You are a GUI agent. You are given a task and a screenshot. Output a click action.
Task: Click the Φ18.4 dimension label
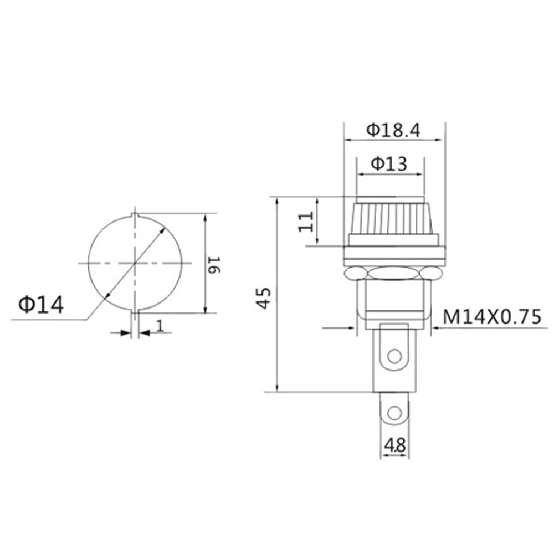pyautogui.click(x=393, y=130)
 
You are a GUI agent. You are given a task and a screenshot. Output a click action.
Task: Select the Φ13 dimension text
pyautogui.click(x=389, y=165)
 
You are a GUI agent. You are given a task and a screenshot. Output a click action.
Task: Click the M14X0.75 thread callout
pyautogui.click(x=491, y=317)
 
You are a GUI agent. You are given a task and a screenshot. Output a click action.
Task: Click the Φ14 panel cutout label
pyautogui.click(x=41, y=304)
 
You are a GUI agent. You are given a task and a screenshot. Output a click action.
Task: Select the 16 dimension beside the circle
pyautogui.click(x=215, y=264)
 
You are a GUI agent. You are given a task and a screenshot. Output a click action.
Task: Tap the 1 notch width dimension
pyautogui.click(x=160, y=326)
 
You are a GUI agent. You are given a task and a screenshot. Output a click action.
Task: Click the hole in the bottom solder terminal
pyautogui.click(x=394, y=413)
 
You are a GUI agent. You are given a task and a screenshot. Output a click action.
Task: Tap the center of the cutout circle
pyautogui.click(x=135, y=263)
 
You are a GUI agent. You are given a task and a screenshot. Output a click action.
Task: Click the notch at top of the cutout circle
pyautogui.click(x=135, y=214)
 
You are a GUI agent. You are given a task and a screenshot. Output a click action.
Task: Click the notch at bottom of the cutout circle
pyautogui.click(x=135, y=311)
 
